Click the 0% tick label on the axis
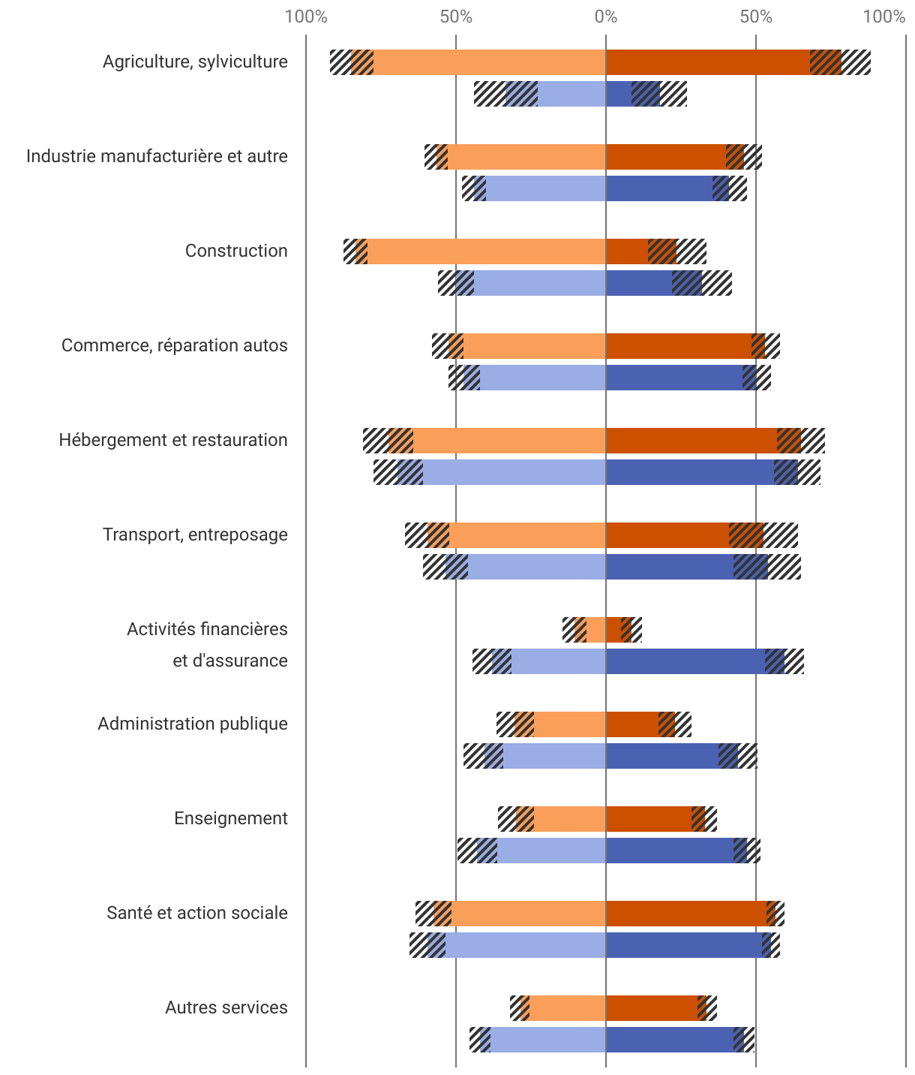(x=605, y=17)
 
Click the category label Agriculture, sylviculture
(x=195, y=62)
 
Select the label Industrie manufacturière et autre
(x=157, y=156)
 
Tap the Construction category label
(x=236, y=251)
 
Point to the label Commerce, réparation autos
(x=174, y=345)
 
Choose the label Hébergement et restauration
(x=173, y=440)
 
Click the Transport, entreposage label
(x=195, y=534)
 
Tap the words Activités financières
(x=207, y=629)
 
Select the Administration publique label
(x=193, y=724)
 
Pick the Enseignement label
(x=231, y=818)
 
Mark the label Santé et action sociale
(x=197, y=913)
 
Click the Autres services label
(x=226, y=1007)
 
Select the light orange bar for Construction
(x=487, y=251)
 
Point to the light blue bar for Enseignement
(x=551, y=851)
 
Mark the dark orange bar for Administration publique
(x=632, y=724)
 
